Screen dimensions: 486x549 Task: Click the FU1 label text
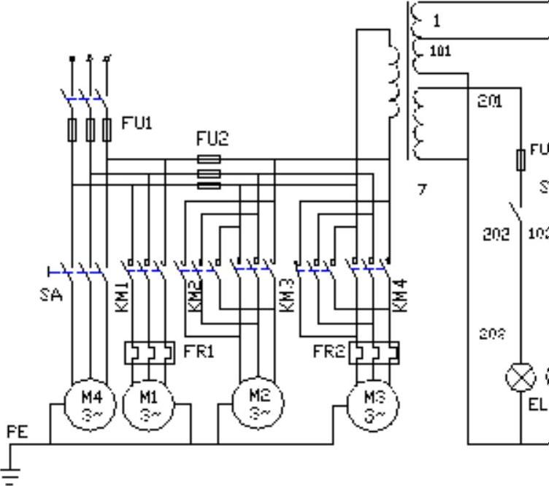pos(137,123)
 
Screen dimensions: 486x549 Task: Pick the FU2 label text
pos(212,138)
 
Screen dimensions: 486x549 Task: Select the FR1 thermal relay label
pos(199,352)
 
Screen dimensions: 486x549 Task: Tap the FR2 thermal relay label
pos(329,352)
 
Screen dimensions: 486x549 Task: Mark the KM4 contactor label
pos(399,296)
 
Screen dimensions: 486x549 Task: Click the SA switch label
pos(51,295)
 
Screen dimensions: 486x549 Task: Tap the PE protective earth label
pos(17,432)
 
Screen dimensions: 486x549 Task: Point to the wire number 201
pos(490,101)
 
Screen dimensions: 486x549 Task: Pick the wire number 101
pos(441,51)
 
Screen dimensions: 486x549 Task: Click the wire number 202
pos(496,235)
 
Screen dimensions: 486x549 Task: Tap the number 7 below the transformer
pos(422,189)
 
